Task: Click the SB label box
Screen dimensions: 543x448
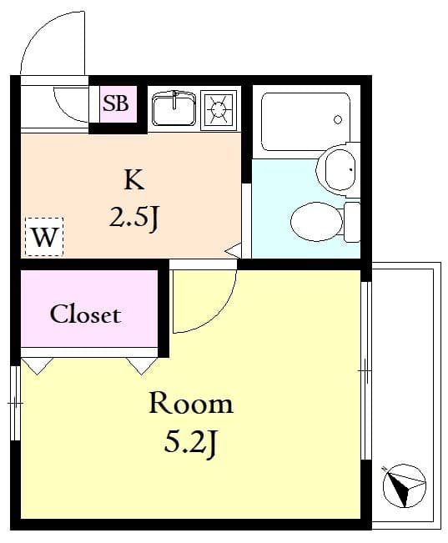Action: click(116, 104)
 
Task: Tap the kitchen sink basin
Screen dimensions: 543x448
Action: click(174, 108)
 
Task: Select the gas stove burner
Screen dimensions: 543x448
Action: click(219, 108)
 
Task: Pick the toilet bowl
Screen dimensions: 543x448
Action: click(316, 220)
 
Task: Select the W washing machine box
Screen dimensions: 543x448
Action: click(43, 237)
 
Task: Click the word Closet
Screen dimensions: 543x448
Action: click(85, 314)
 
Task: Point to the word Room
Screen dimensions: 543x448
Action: click(190, 405)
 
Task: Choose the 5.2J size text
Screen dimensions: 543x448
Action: click(191, 444)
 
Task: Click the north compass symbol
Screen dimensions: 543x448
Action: click(404, 485)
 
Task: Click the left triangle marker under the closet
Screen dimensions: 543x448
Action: click(38, 365)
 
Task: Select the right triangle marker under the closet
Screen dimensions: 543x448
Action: click(141, 365)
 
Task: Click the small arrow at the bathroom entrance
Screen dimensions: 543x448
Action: click(234, 249)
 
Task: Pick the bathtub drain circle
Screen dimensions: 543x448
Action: click(338, 120)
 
